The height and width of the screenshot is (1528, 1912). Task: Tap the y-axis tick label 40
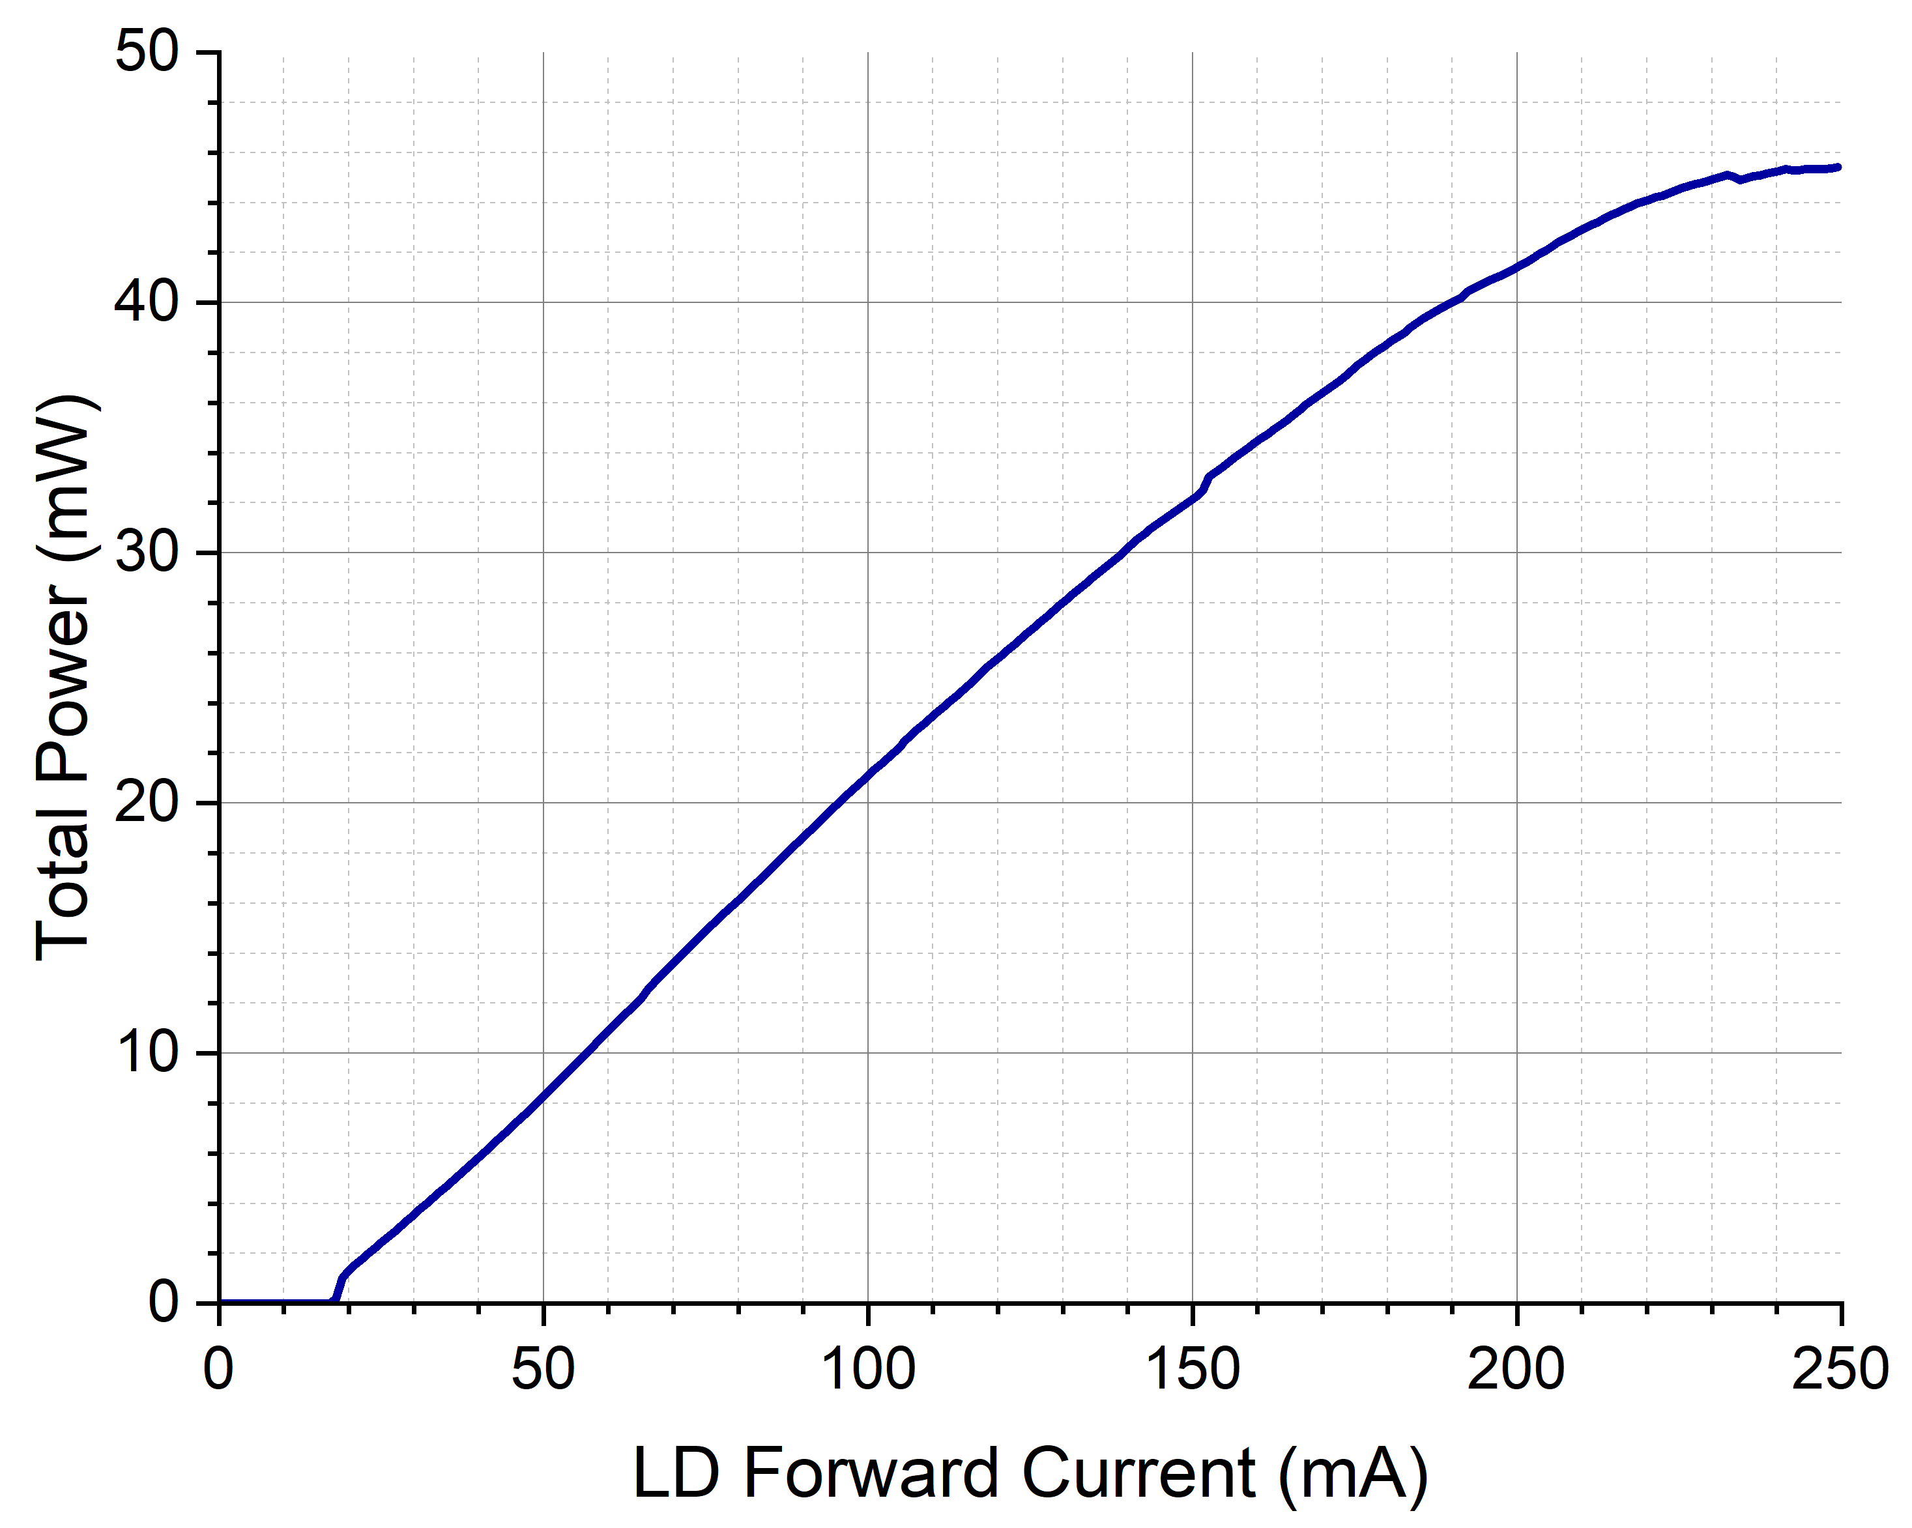pyautogui.click(x=147, y=302)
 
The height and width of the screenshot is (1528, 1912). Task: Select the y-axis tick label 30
pyautogui.click(x=147, y=553)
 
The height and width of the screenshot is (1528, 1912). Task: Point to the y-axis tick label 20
pyautogui.click(x=147, y=803)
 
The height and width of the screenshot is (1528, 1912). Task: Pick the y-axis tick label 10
pyautogui.click(x=147, y=1053)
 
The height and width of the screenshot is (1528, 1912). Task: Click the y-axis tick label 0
pyautogui.click(x=164, y=1303)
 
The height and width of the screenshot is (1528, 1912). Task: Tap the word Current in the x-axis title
pyautogui.click(x=1138, y=1473)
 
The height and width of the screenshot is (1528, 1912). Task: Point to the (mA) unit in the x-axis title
pyautogui.click(x=1354, y=1475)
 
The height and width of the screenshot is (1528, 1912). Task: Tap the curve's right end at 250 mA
pyautogui.click(x=1838, y=167)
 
